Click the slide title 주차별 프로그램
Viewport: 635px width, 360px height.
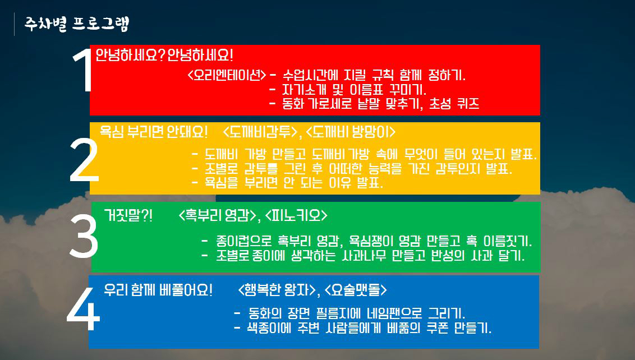tap(76, 24)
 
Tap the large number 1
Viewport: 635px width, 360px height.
tap(84, 70)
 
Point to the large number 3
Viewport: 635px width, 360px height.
tap(84, 236)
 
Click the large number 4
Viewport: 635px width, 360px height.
tap(83, 310)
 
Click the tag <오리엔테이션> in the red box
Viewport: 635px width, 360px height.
tap(227, 75)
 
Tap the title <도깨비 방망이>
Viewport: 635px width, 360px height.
tap(350, 132)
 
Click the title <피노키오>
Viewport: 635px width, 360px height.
tap(296, 215)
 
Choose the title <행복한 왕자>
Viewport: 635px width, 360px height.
tap(277, 289)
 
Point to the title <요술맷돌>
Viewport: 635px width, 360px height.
tap(356, 289)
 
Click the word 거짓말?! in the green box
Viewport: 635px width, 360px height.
tap(128, 215)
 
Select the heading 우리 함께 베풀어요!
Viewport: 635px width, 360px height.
tap(158, 289)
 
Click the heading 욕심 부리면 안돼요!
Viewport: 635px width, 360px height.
tap(154, 132)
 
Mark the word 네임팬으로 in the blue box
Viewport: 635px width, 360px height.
tap(394, 313)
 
